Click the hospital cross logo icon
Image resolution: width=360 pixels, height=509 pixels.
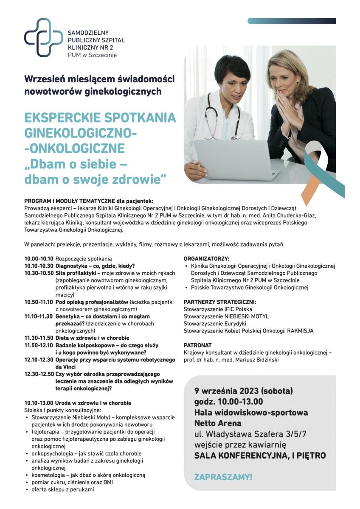coord(43,37)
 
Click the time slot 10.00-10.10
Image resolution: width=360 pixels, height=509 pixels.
coord(39,258)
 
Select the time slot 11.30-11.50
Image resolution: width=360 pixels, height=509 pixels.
coord(39,338)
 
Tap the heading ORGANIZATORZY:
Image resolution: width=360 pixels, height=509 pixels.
coord(206,258)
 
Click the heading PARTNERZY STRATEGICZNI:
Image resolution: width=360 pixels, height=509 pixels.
coord(219,302)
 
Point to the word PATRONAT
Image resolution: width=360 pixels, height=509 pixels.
coord(197,345)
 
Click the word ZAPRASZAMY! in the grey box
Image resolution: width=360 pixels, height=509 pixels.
coord(223,477)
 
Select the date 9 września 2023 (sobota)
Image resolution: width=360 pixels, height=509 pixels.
coord(244,390)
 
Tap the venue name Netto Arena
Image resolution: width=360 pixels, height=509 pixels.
coord(218,423)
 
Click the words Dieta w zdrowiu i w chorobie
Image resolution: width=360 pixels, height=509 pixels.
coord(92,338)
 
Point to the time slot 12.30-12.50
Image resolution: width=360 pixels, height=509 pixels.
coord(39,374)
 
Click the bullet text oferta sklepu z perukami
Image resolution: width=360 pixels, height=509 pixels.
coord(62,489)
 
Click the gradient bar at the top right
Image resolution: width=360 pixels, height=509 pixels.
coord(292,21)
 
